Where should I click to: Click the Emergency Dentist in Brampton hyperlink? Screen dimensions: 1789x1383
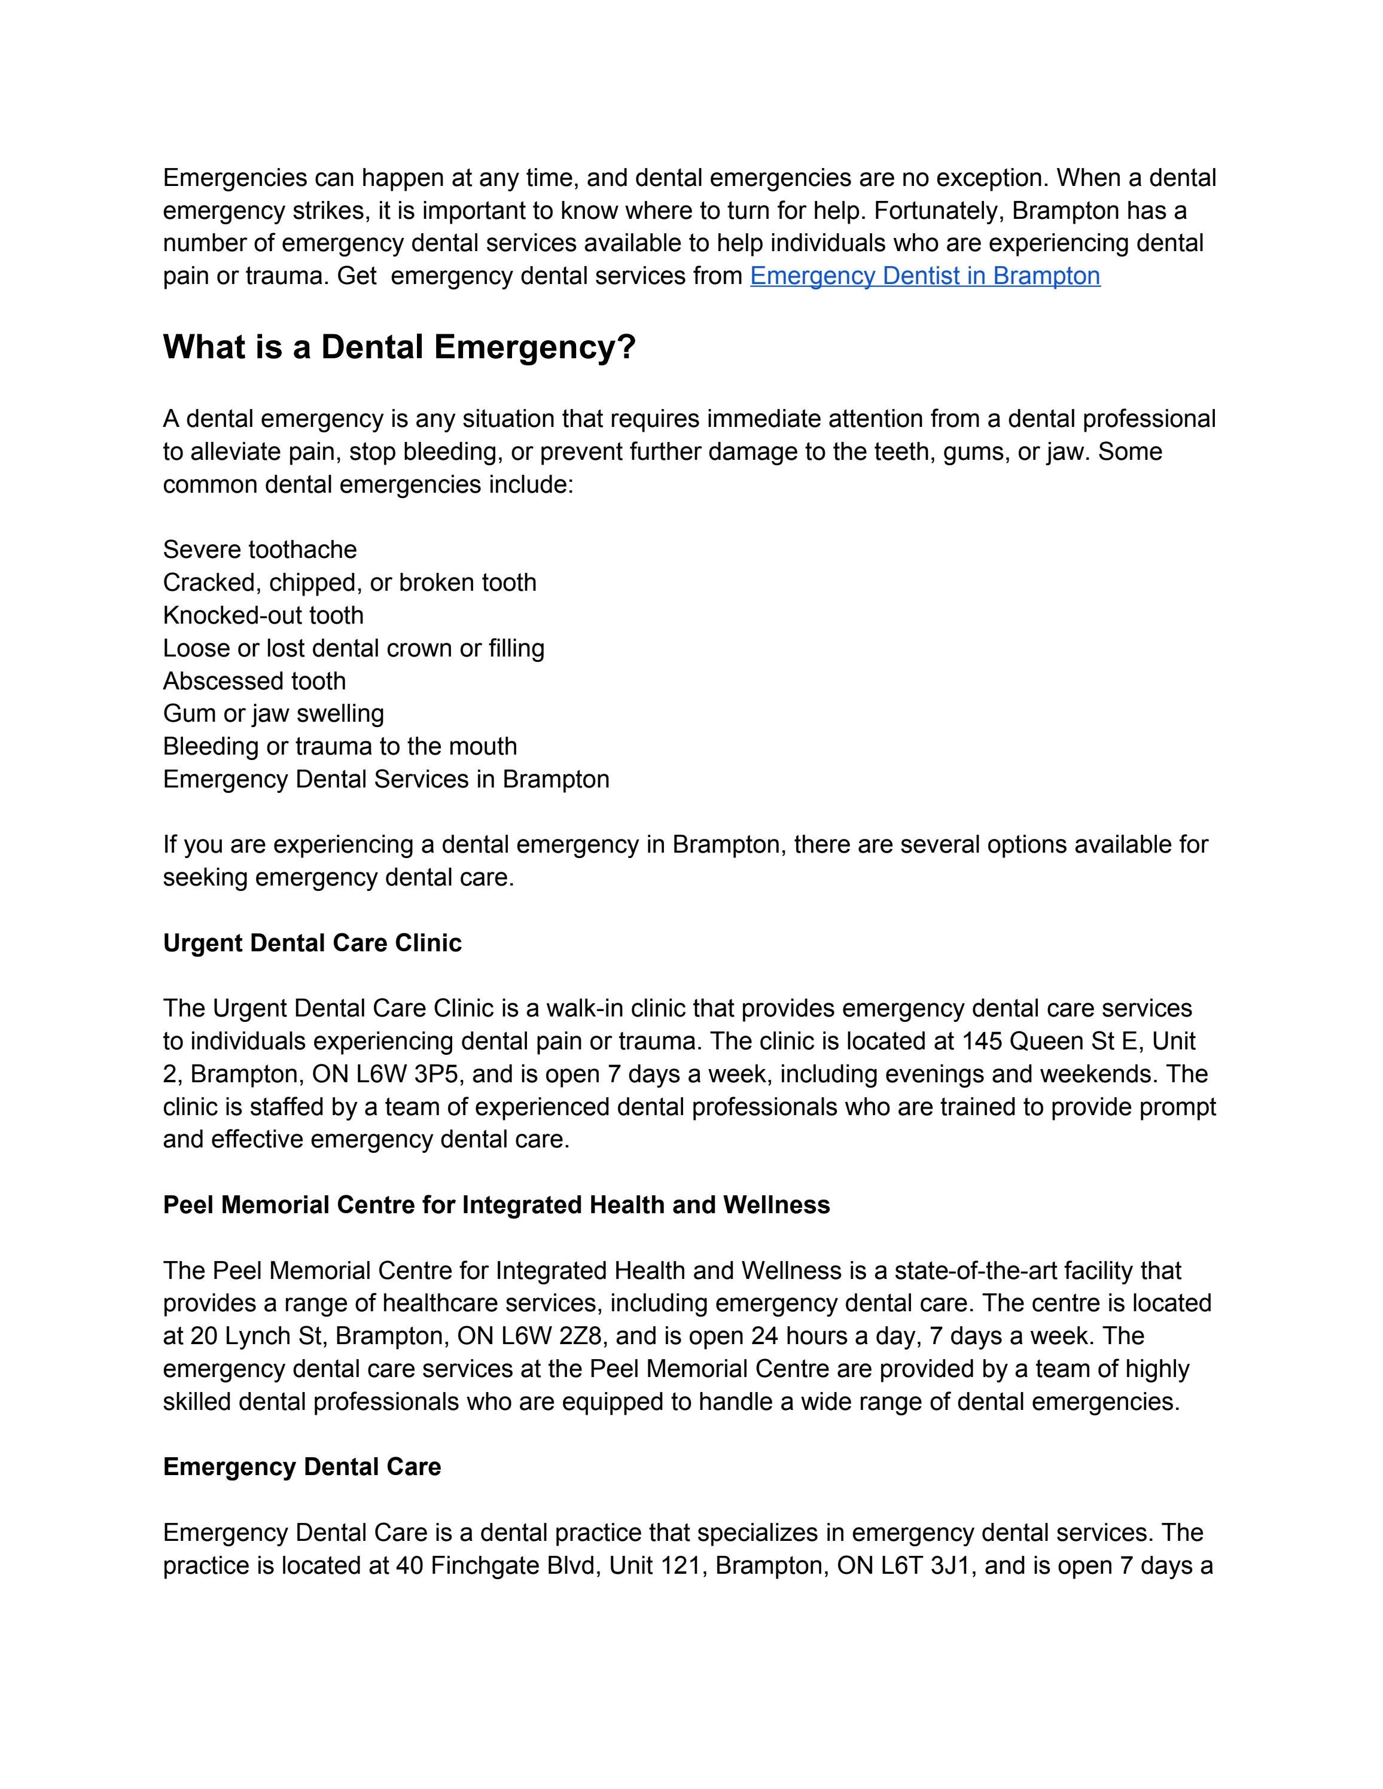(x=924, y=276)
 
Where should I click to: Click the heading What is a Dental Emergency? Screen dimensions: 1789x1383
(x=399, y=347)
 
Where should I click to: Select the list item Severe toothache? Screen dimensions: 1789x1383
(x=260, y=549)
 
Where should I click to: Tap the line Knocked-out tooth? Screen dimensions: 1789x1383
(x=263, y=615)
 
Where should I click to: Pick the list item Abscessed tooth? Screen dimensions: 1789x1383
(x=254, y=680)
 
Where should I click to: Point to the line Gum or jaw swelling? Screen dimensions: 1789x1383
(x=273, y=713)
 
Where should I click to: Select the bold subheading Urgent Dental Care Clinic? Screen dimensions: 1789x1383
(x=312, y=943)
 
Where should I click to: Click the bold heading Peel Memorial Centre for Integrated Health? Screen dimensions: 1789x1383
(x=496, y=1205)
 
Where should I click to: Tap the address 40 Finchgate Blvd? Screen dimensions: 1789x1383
(x=496, y=1565)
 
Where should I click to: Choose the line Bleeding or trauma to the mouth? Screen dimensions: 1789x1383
(x=340, y=746)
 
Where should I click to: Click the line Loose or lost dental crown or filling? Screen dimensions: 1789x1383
(x=353, y=648)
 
